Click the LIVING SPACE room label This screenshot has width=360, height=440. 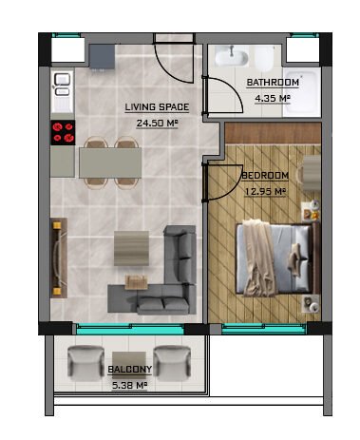pos(157,107)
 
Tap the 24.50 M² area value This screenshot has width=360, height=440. pos(157,123)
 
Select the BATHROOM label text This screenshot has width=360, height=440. pos(273,83)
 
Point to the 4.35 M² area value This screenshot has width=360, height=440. pos(273,98)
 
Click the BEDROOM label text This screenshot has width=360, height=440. pos(265,176)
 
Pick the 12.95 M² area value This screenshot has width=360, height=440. pos(265,191)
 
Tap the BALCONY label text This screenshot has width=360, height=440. pos(130,370)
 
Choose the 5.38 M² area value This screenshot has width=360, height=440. pos(130,386)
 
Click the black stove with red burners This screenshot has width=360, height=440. pos(63,132)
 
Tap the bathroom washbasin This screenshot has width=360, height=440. pos(232,57)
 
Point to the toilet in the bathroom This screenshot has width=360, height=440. pos(264,59)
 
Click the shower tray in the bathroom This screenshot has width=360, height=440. pos(302,93)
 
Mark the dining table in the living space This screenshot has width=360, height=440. pos(110,163)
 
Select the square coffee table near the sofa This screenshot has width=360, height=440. pos(131,248)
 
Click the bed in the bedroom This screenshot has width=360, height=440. pos(277,258)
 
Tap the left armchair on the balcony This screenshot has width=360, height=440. pos(85,363)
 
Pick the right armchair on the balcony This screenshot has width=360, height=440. pos(172,363)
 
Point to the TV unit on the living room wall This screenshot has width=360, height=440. pos(59,258)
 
